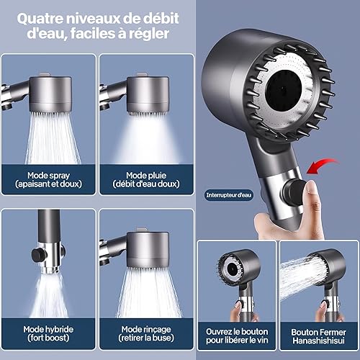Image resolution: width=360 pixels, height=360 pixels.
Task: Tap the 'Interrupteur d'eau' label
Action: click(x=229, y=195)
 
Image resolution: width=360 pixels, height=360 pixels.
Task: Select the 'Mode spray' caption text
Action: click(x=48, y=176)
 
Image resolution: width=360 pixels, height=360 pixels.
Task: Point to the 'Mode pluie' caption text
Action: click(x=146, y=176)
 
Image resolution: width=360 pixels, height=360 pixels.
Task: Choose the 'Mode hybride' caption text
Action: click(x=48, y=329)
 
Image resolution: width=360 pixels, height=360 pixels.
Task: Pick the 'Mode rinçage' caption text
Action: click(x=146, y=329)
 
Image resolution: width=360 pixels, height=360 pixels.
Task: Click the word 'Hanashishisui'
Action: click(x=318, y=341)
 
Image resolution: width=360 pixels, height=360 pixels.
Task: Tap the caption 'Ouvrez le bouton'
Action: click(x=237, y=332)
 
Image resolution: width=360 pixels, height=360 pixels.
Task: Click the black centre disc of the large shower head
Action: click(x=284, y=89)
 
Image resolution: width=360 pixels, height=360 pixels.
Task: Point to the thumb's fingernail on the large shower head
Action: click(x=311, y=188)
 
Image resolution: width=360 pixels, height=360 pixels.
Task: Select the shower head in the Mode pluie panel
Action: click(x=148, y=94)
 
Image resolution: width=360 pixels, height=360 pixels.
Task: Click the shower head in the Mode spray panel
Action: click(x=50, y=94)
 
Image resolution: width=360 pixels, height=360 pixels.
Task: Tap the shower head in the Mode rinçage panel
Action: click(x=148, y=250)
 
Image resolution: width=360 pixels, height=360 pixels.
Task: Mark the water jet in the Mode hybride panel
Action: click(x=49, y=295)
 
